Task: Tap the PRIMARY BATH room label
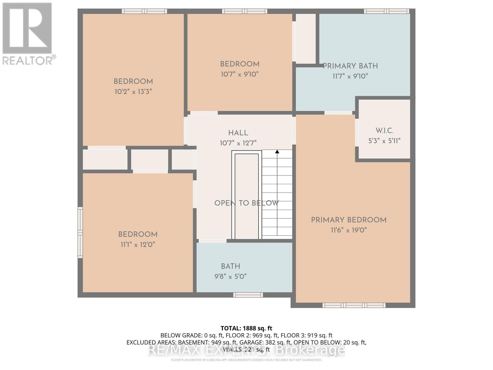pos(350,66)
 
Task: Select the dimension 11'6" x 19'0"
pos(348,230)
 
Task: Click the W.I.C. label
pos(384,131)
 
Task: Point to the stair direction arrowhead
pos(277,152)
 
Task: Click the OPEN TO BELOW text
pos(246,203)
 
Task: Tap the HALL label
pos(238,133)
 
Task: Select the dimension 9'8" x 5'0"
pos(230,277)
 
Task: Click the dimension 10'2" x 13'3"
pos(133,92)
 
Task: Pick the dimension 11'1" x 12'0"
pos(137,245)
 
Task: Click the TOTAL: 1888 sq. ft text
pos(246,328)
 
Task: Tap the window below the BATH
pos(248,295)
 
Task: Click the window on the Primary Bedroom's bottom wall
pos(354,305)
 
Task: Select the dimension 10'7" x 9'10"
pos(239,74)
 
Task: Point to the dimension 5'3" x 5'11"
pos(384,141)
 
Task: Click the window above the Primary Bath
pos(387,11)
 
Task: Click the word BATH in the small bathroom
pos(230,266)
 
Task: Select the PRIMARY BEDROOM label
pos(348,220)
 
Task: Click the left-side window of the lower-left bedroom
pos(80,232)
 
